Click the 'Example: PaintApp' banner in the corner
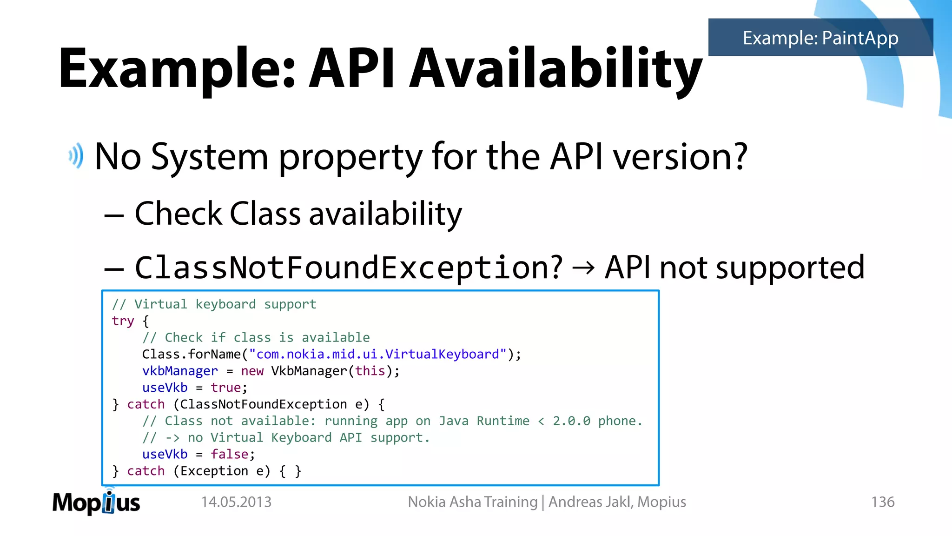pyautogui.click(x=820, y=38)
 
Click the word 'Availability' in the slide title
pyautogui.click(x=555, y=69)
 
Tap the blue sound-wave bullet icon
pyautogui.click(x=76, y=156)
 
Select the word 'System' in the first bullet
pyautogui.click(x=210, y=157)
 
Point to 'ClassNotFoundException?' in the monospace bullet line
pyautogui.click(x=349, y=268)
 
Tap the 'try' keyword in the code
pyautogui.click(x=123, y=321)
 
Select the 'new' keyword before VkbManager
pyautogui.click(x=252, y=371)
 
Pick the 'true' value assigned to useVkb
pyautogui.click(x=225, y=388)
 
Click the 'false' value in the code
pyautogui.click(x=229, y=454)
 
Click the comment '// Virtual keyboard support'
pyautogui.click(x=214, y=304)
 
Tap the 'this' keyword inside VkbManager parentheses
pyautogui.click(x=370, y=371)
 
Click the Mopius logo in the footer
pyautogui.click(x=96, y=502)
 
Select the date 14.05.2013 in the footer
pyautogui.click(x=236, y=502)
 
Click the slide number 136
pyautogui.click(x=882, y=502)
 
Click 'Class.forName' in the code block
pyautogui.click(x=191, y=355)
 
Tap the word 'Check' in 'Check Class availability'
pyautogui.click(x=178, y=214)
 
